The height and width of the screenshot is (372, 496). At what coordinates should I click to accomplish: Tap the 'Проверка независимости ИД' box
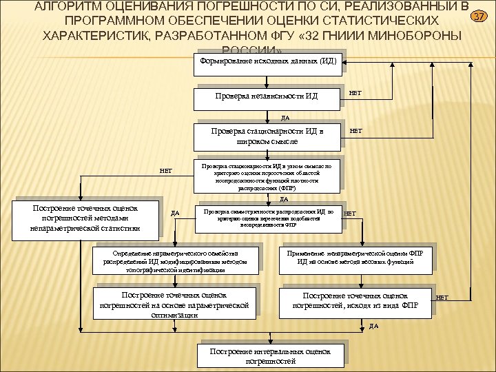pyautogui.click(x=268, y=96)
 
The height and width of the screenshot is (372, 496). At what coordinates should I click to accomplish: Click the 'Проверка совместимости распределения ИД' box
pyautogui.click(x=268, y=216)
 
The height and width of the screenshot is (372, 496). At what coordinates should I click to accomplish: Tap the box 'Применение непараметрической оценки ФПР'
pyautogui.click(x=355, y=257)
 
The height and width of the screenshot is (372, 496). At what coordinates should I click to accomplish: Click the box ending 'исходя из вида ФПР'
pyautogui.click(x=355, y=300)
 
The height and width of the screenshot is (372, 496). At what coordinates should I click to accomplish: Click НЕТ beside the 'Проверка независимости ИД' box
pyautogui.click(x=355, y=92)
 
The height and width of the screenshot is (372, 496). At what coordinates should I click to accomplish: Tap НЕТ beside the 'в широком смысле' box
pyautogui.click(x=355, y=129)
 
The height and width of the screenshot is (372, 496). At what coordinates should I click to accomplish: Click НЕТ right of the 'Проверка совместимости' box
pyautogui.click(x=350, y=214)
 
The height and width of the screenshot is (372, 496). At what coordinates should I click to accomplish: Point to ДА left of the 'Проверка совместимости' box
pyautogui.click(x=175, y=214)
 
